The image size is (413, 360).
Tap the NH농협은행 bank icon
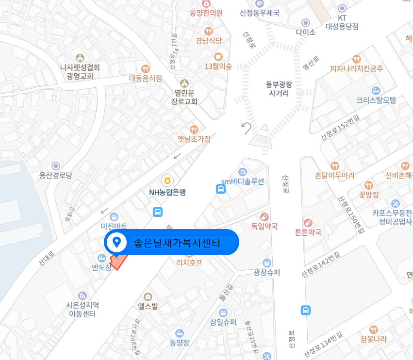tap(167, 180)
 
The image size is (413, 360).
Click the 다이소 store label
tap(306, 32)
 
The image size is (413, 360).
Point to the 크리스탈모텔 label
tap(376, 100)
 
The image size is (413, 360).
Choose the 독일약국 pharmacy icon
tap(264, 216)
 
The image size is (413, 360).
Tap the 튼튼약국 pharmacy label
tap(308, 232)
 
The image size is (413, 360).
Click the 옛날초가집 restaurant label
tap(194, 139)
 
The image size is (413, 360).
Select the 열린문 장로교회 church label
tap(184, 97)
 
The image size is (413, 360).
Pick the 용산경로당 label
tap(55, 175)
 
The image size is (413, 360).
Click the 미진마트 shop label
tap(114, 226)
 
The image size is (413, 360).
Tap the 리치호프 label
tap(189, 262)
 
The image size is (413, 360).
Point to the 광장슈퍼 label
tap(266, 272)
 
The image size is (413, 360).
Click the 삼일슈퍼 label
tap(223, 322)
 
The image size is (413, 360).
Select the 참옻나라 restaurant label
tap(373, 339)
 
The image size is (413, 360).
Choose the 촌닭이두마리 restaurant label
tap(335, 175)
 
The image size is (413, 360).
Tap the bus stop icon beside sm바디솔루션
tap(221, 189)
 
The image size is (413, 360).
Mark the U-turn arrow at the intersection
tap(247, 128)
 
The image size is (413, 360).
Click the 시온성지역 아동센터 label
tap(83, 309)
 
